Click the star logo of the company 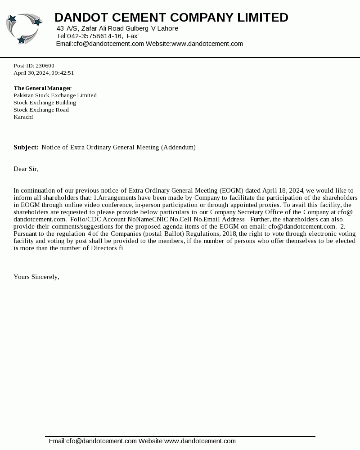24,29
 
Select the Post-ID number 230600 45,66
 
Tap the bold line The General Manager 42,88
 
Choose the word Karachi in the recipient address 23,117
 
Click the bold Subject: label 26,148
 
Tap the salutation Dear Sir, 26,169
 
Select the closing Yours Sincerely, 36,277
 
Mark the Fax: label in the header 133,36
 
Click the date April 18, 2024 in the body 283,191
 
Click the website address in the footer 200,441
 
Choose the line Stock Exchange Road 41,110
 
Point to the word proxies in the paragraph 269,205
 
